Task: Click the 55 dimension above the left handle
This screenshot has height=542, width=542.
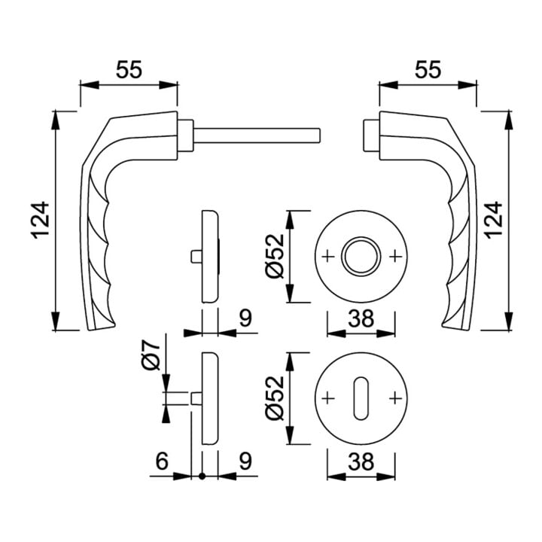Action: [129, 69]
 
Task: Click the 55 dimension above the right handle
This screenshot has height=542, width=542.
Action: [428, 69]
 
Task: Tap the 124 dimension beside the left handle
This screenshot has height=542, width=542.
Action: [41, 220]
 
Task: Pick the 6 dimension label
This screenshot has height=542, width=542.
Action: [162, 461]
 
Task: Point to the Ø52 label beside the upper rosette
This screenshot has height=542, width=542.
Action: [275, 256]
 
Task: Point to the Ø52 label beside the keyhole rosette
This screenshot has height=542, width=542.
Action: [275, 398]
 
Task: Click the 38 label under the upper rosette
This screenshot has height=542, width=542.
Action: [361, 318]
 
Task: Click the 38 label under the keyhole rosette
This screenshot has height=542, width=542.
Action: [361, 461]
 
